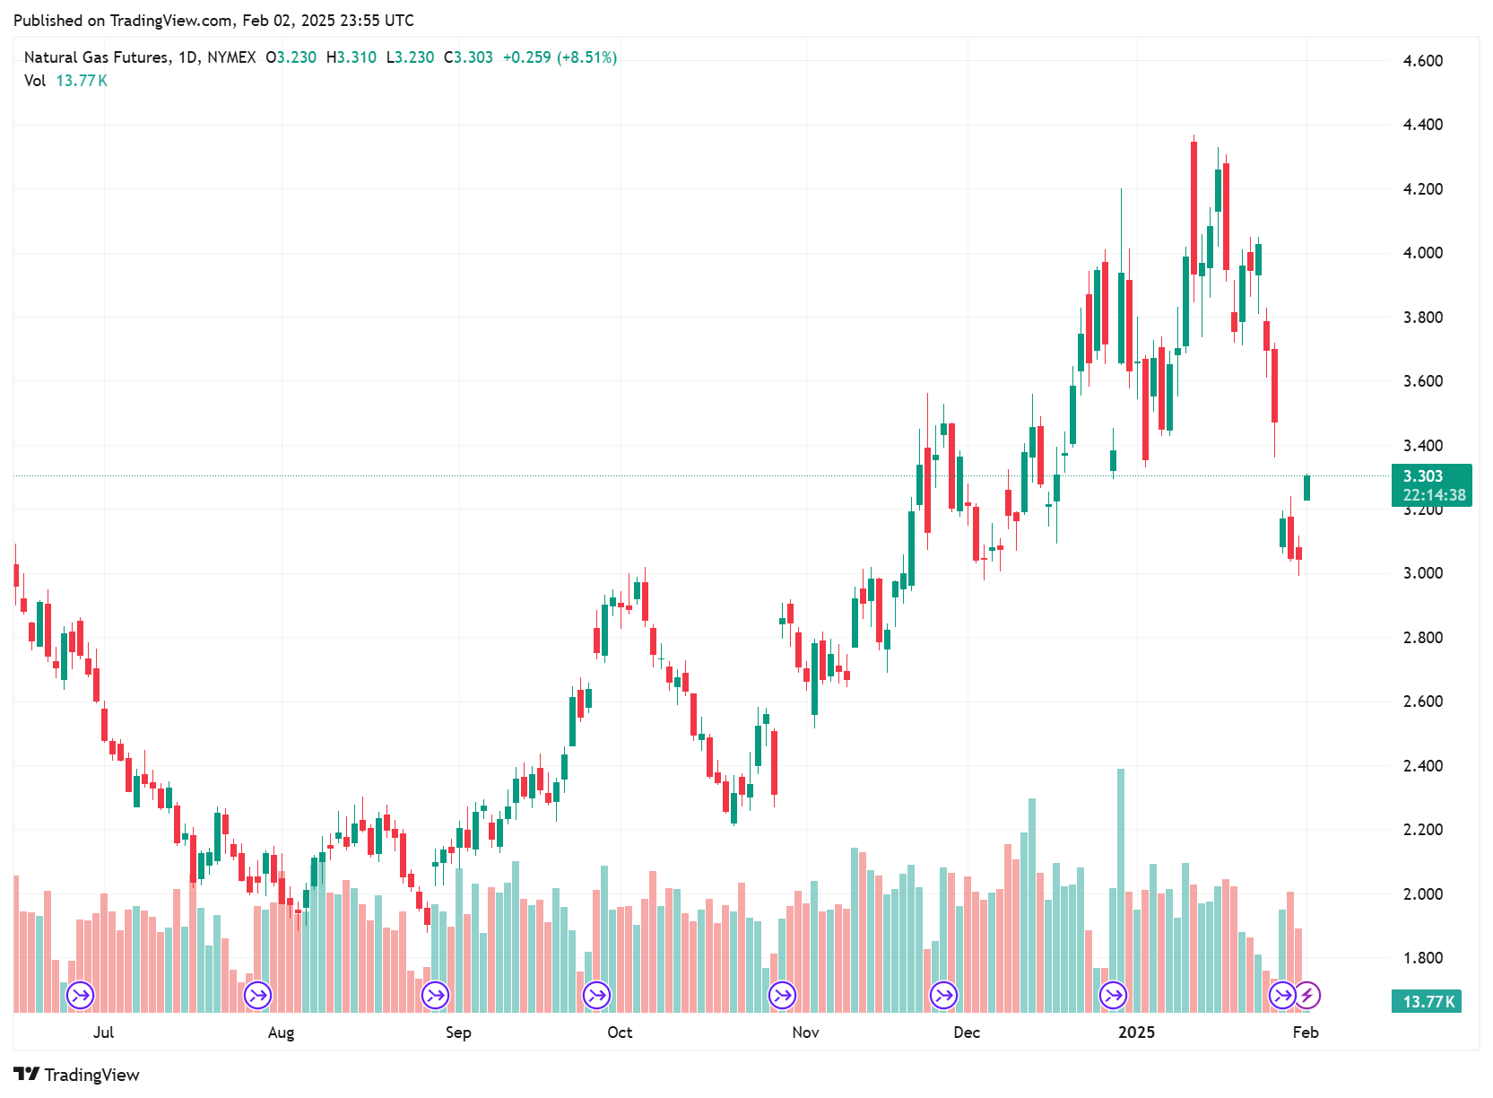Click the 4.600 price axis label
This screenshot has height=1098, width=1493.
(x=1422, y=61)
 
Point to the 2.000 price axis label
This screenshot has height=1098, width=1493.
(x=1422, y=893)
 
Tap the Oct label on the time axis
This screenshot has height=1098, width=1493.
(x=620, y=1033)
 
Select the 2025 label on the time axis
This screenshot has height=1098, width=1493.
(x=1136, y=1033)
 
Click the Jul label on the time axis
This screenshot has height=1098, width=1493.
(x=103, y=1033)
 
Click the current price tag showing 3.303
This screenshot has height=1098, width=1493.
(x=1423, y=476)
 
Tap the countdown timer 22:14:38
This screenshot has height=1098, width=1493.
(x=1434, y=495)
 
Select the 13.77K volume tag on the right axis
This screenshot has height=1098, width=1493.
(x=1426, y=1001)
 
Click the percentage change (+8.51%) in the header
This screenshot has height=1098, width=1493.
(x=587, y=57)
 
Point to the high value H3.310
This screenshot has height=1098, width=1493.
(x=352, y=57)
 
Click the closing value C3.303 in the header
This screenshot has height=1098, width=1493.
(x=468, y=57)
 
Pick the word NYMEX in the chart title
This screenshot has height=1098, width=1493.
(x=231, y=57)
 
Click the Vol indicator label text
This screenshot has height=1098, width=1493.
(x=35, y=81)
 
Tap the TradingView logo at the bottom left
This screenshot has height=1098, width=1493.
(x=77, y=1075)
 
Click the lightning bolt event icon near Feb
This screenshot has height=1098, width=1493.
(x=1307, y=995)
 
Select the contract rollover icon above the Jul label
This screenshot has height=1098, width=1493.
(x=81, y=995)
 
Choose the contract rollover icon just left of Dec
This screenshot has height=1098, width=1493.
(x=943, y=995)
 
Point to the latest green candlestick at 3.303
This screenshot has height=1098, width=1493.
(x=1306, y=487)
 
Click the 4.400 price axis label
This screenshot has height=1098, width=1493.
(x=1422, y=125)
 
